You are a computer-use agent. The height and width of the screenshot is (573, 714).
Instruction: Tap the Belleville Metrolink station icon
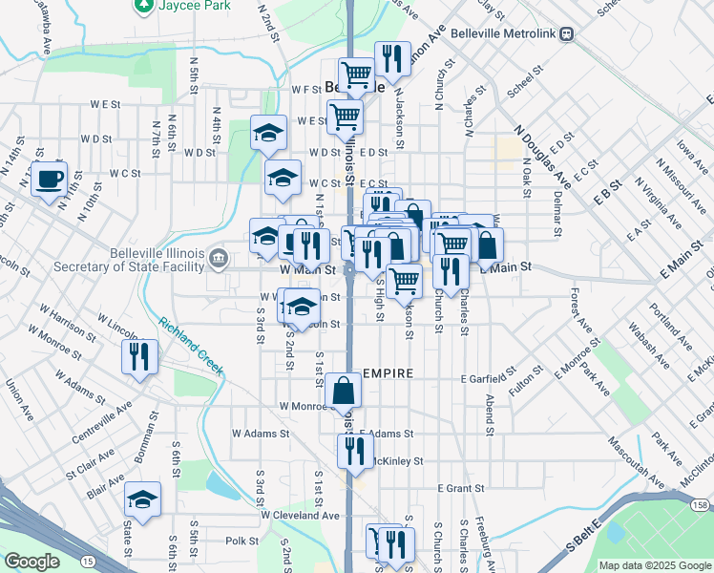(x=567, y=33)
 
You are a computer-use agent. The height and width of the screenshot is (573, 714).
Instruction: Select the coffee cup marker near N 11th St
(x=49, y=179)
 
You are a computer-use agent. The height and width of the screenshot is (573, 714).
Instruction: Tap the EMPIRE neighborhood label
(x=387, y=373)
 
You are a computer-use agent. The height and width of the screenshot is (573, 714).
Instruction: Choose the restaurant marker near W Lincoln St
(x=140, y=357)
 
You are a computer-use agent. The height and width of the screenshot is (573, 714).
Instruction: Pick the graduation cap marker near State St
(x=142, y=499)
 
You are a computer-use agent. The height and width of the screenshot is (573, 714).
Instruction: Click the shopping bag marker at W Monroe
(x=343, y=391)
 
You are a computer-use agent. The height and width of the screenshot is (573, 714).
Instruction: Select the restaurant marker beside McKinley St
(x=356, y=450)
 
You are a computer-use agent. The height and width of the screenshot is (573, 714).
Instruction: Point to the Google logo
(x=31, y=561)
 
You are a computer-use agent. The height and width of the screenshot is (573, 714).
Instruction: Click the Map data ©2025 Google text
(x=654, y=565)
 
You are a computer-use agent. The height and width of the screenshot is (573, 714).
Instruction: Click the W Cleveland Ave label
(x=300, y=515)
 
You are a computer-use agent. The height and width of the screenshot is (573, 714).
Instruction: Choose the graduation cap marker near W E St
(x=269, y=133)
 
